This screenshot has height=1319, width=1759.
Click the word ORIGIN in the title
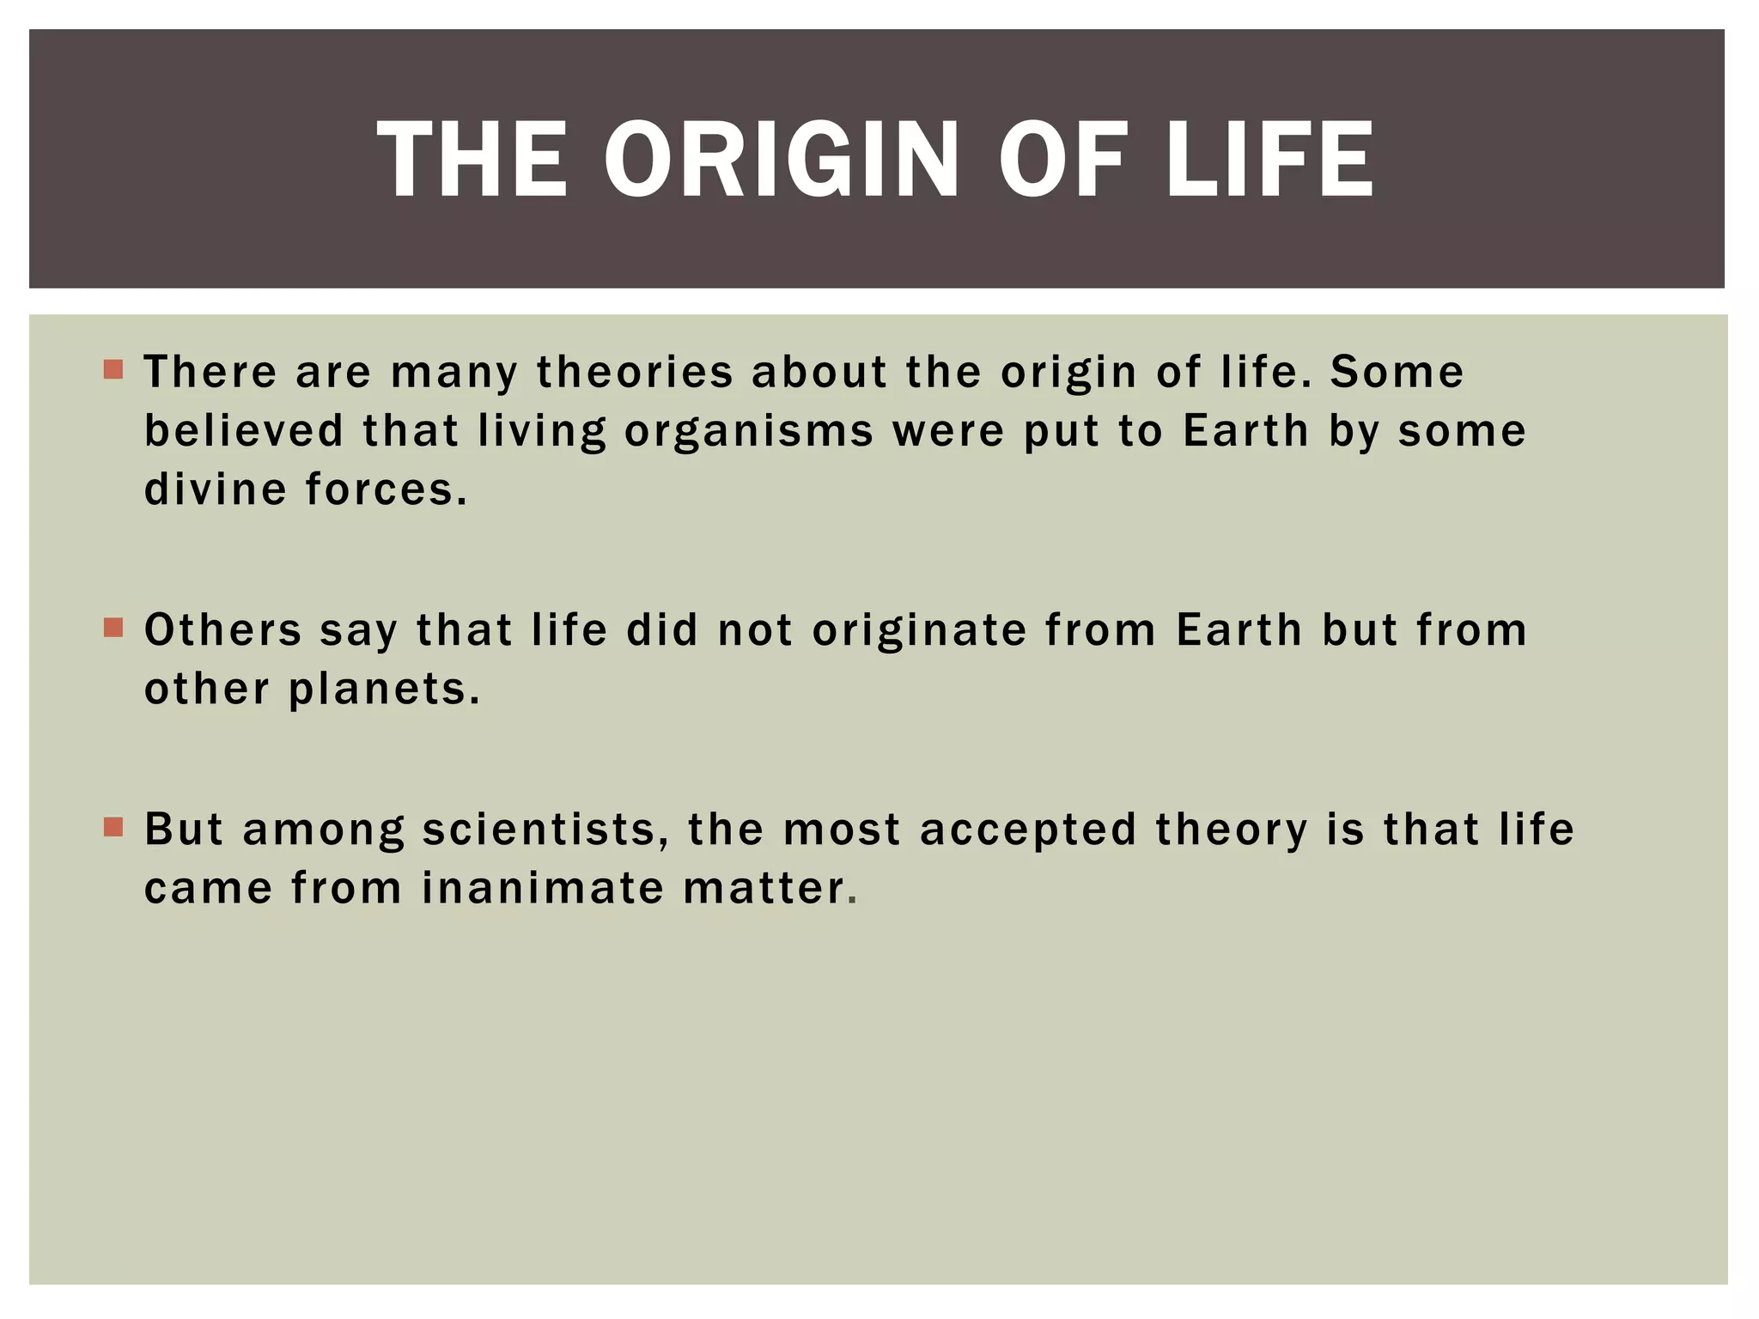[x=781, y=159]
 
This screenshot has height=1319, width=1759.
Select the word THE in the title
[x=472, y=159]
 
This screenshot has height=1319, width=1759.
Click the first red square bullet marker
[x=113, y=370]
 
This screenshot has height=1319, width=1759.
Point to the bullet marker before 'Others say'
[x=113, y=628]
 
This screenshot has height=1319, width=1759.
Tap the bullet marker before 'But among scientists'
[x=113, y=827]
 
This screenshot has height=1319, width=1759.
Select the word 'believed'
[x=244, y=431]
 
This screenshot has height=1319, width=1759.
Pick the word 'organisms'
[x=749, y=431]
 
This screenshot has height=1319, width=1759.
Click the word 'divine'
[x=216, y=489]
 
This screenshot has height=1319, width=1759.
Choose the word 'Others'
[x=222, y=630]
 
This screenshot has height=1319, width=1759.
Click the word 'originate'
[x=919, y=630]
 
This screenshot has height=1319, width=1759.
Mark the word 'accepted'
[x=1028, y=830]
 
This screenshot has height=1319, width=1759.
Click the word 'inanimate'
[x=543, y=888]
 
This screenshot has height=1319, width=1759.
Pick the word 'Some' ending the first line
[x=1397, y=373]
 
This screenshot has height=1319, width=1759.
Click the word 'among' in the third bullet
[x=324, y=830]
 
